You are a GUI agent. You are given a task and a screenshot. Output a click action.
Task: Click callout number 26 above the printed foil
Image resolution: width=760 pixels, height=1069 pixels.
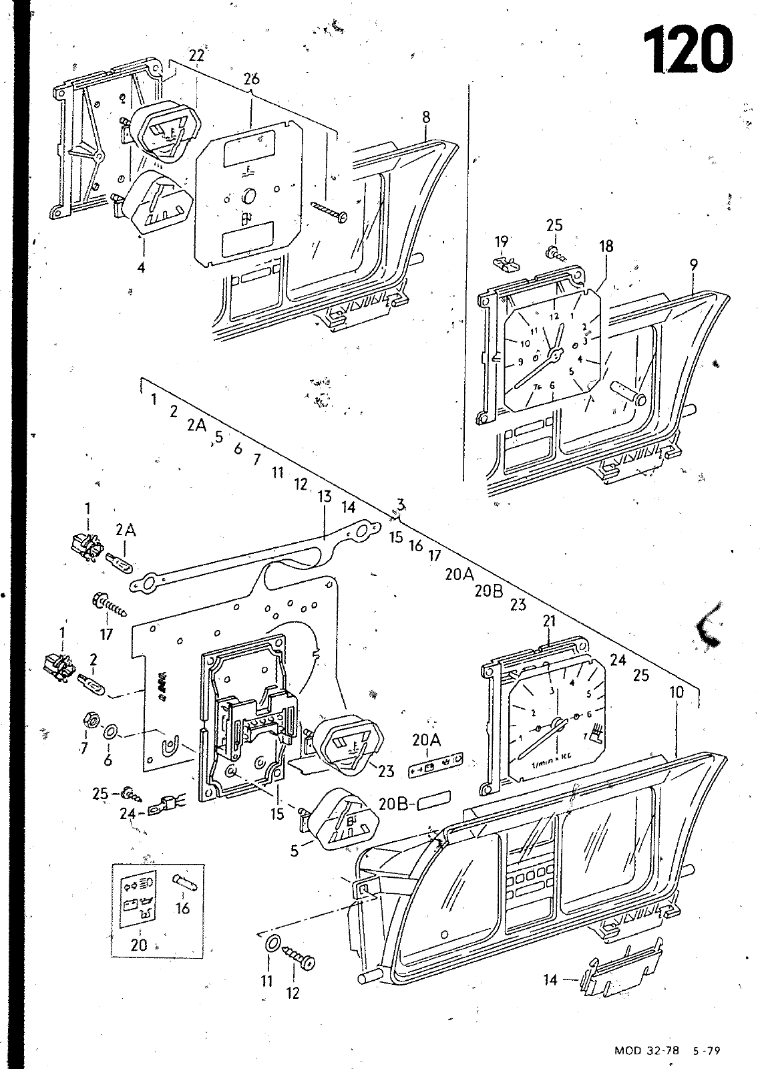click(251, 79)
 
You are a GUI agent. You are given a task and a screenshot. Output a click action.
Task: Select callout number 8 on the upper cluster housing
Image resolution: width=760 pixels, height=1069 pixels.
click(426, 117)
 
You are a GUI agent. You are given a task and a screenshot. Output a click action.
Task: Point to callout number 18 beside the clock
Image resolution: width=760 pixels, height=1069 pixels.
click(606, 246)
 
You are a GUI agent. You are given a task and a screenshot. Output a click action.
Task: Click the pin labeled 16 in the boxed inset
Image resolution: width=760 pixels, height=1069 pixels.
click(184, 883)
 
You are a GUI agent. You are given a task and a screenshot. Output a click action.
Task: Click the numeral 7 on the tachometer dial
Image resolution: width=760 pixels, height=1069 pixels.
click(586, 736)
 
